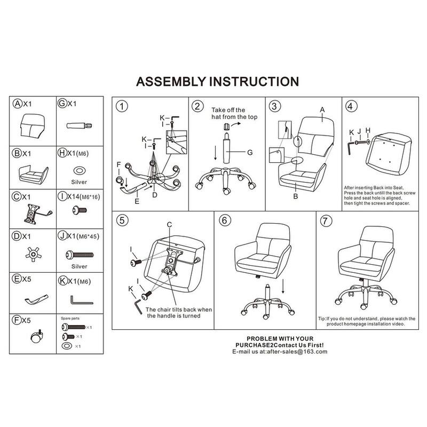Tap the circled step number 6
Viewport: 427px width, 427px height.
[225, 220]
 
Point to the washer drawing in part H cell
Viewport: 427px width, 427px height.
[78, 170]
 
